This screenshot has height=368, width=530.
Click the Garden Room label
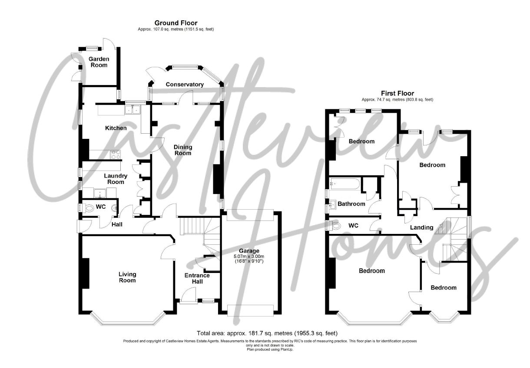(99, 62)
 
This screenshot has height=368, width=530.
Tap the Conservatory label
(185, 84)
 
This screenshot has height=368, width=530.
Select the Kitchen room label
(116, 128)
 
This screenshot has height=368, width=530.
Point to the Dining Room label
(182, 150)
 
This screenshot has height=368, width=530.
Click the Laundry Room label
(116, 179)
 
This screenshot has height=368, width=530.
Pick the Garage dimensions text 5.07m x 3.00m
(249, 256)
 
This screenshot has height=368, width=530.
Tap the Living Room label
(128, 277)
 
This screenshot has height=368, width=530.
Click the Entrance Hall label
(197, 278)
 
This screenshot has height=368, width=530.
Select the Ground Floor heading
(176, 23)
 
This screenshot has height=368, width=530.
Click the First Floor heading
(397, 93)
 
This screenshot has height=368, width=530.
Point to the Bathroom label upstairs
(351, 204)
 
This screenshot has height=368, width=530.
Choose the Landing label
(422, 227)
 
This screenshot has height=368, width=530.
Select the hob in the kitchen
(116, 154)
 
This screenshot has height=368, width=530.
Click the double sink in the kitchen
(133, 110)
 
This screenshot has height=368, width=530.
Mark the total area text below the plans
(267, 334)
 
